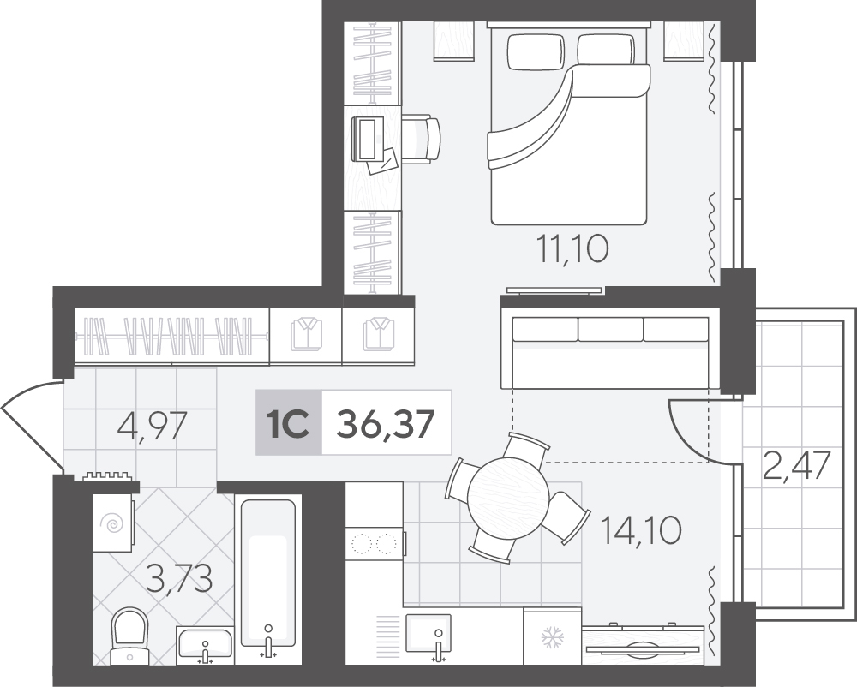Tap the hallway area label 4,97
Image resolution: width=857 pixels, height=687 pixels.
(x=153, y=426)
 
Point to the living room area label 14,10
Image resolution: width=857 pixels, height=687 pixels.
(x=640, y=529)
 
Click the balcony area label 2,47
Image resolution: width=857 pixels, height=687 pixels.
(x=796, y=464)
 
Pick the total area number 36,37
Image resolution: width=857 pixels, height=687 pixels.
(x=386, y=424)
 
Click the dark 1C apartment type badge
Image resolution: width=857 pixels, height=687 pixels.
(x=289, y=422)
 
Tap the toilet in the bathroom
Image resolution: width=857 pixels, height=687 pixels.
(x=129, y=636)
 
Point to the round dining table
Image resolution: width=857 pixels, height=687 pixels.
(x=507, y=498)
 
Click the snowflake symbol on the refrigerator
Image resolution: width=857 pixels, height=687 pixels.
(x=552, y=637)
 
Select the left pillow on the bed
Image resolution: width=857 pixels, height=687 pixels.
(x=536, y=52)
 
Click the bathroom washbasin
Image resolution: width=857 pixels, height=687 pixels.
(x=205, y=646)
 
